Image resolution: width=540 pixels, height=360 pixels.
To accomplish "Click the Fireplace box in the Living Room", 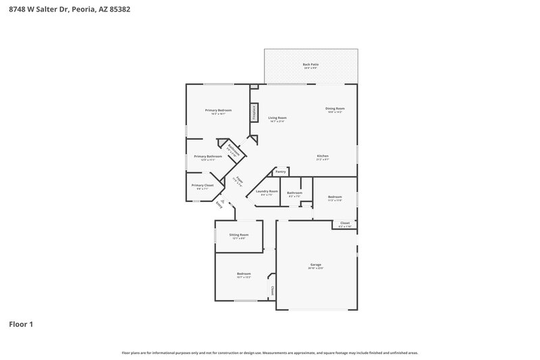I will [254, 112].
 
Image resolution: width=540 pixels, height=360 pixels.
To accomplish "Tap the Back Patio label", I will [310, 65].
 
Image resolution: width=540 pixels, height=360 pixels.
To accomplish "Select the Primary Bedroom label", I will [219, 110].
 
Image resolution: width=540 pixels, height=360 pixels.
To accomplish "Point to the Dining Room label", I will [335, 109].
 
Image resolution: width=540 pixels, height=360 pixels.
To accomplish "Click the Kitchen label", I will [323, 156].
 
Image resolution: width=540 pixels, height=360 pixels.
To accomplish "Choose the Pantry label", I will [280, 172].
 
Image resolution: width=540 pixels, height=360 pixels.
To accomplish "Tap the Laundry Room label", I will [267, 191].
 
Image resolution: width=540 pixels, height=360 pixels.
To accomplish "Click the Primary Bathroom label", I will [208, 156].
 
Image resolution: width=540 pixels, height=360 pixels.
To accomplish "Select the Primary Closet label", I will [202, 185].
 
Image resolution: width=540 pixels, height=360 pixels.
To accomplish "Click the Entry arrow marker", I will [218, 203].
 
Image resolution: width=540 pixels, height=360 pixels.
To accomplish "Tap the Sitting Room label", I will [239, 235].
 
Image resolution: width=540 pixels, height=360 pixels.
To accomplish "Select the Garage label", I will [316, 265].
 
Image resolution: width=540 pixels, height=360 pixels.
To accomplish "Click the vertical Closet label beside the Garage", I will [272, 291].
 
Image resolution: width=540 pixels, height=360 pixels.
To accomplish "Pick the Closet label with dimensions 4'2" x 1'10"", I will [344, 223].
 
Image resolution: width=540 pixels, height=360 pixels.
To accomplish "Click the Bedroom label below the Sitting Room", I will [244, 274].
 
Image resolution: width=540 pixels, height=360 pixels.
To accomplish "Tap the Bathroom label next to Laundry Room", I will [294, 192].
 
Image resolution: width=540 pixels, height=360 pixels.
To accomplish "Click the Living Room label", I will [277, 118].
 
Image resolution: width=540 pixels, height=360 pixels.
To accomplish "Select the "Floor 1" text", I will [21, 325].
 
